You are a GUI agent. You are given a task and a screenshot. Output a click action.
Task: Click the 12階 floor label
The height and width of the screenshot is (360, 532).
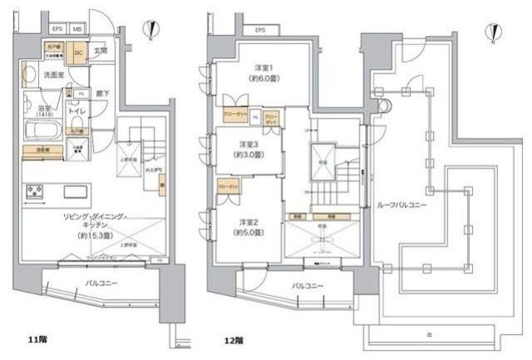point(234,340)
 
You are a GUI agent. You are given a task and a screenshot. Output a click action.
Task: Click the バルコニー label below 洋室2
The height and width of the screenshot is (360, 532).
point(308,285)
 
